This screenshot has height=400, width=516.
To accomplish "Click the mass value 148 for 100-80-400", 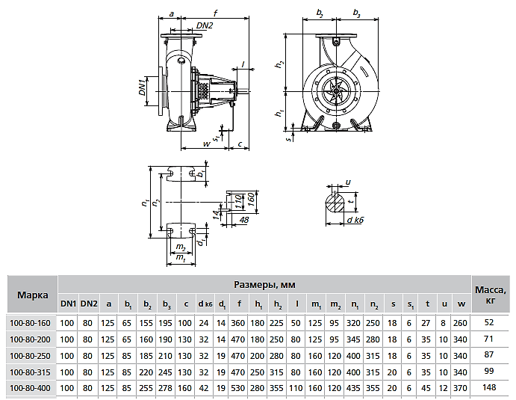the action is click(489, 387).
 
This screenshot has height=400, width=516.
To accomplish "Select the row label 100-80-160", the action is click(30, 323).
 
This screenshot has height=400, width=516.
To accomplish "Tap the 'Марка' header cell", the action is click(33, 295).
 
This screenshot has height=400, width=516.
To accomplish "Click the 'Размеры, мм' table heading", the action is click(264, 284).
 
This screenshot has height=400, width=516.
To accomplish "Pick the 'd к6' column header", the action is click(205, 304).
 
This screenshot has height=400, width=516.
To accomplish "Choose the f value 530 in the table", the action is click(237, 388).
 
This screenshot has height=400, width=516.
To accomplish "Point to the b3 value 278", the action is click(165, 388).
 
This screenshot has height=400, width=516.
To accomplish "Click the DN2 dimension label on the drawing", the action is click(205, 25).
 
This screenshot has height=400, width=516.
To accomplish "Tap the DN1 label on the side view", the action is click(142, 87).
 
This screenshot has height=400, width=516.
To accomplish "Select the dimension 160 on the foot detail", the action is click(250, 200).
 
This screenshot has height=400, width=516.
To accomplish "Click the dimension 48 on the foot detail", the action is click(244, 220).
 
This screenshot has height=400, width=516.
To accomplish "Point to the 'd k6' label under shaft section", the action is click(355, 220).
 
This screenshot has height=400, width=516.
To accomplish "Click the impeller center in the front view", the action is click(336, 90).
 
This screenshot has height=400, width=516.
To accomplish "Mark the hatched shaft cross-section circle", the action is click(335, 203).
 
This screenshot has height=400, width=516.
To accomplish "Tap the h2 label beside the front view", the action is click(279, 64).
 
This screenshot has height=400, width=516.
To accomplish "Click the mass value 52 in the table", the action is click(489, 322).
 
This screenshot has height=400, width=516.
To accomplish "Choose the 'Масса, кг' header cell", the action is click(490, 295).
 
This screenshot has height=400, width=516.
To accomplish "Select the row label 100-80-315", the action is click(30, 372).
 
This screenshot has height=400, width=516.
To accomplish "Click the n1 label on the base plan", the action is click(145, 202).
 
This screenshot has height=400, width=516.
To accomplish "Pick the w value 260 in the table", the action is click(460, 323).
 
